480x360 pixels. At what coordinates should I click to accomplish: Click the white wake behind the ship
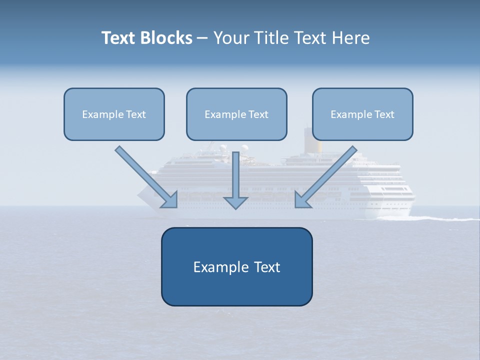440,218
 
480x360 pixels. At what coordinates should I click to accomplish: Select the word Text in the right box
383,114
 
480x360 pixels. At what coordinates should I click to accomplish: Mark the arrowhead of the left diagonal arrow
170,201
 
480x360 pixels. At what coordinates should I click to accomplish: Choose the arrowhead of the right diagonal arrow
302,201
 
